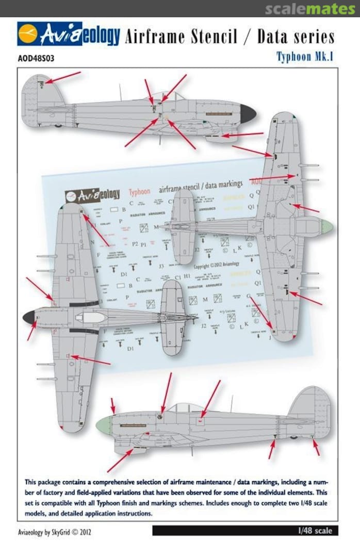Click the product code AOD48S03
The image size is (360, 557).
tap(36, 58)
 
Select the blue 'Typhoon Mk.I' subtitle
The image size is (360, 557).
tap(304, 57)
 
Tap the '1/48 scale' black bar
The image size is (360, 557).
tap(315, 530)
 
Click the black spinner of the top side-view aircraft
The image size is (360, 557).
tap(247, 114)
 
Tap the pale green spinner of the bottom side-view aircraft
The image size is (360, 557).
tap(104, 425)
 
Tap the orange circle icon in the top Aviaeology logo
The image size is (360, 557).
tap(28, 35)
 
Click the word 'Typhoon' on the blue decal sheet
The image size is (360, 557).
tap(139, 192)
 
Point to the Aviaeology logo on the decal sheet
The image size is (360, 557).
tap(93, 195)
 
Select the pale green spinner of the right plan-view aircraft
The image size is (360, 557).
tap(326, 226)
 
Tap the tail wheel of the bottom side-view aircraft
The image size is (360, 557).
tap(294, 437)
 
